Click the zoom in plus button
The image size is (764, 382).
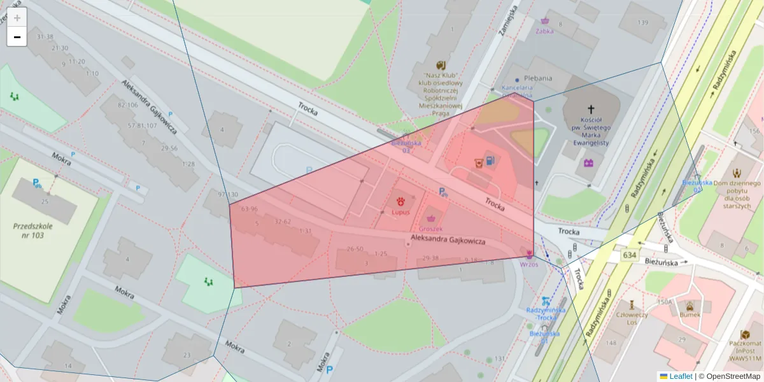pos(17,18)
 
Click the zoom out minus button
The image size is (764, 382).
pos(17,37)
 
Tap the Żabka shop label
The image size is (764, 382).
pos(544,31)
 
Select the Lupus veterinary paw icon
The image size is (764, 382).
pos(400,201)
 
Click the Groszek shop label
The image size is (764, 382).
pos(431,228)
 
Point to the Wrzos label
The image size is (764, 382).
pos(528,264)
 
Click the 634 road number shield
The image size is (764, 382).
pos(630,255)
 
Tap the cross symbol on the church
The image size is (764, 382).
pos(590,110)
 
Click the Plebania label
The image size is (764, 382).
pos(538,78)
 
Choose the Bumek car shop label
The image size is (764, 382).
pos(690,315)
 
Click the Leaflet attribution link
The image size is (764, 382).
pos(680,376)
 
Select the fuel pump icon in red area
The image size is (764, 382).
pos(490,161)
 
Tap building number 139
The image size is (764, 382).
pos(642,23)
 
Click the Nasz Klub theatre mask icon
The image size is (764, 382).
pos(440,65)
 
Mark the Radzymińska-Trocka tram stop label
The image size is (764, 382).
pos(543,314)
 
